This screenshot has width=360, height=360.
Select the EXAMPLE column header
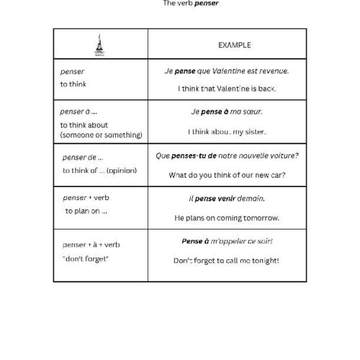(x=235, y=45)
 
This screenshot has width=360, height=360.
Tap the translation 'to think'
(x=73, y=84)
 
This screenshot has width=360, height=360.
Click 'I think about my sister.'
(x=227, y=132)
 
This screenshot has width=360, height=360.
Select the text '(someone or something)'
(x=102, y=135)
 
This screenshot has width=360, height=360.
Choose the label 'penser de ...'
(x=84, y=156)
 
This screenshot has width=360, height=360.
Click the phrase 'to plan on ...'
(x=86, y=211)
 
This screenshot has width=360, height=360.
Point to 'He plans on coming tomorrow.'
(x=227, y=217)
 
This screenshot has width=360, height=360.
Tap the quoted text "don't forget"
(x=86, y=259)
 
